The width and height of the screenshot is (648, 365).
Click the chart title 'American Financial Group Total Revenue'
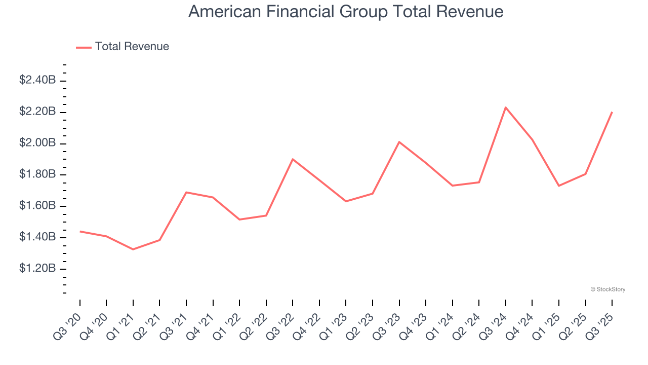[x=346, y=12]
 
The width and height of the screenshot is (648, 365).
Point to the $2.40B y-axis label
[x=37, y=80]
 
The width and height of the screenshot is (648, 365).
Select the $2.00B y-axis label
[x=37, y=143]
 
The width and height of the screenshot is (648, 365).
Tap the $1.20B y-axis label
[x=37, y=268]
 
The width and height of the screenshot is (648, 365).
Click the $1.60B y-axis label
[x=37, y=206]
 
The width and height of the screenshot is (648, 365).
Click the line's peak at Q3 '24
[x=506, y=107]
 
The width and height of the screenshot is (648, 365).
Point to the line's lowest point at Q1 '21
[x=133, y=249]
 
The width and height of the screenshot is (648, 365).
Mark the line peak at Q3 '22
[x=293, y=159]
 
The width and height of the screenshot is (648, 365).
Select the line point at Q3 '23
[x=399, y=142]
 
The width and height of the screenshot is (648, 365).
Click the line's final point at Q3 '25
[x=612, y=112]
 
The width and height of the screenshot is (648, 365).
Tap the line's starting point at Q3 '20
[x=80, y=231]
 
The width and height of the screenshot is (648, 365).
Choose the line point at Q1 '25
[x=559, y=186]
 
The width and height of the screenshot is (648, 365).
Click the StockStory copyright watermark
[x=607, y=289]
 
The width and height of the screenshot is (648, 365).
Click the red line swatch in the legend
[x=84, y=47]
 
